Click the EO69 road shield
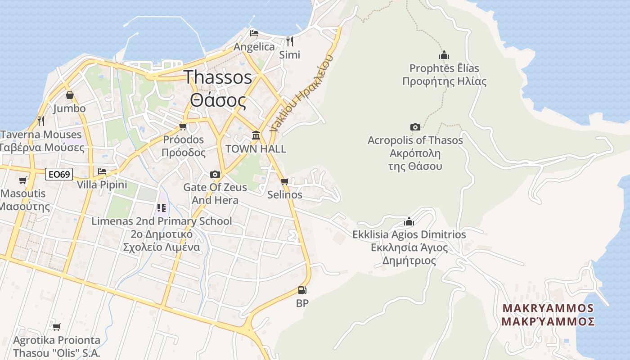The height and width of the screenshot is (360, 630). pyautogui.click(x=59, y=174)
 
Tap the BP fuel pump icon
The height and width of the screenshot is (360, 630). pyautogui.click(x=302, y=290)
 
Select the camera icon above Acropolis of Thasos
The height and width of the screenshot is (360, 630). pyautogui.click(x=415, y=127)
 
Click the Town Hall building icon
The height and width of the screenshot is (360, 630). pyautogui.click(x=256, y=135)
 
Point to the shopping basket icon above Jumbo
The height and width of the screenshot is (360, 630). pyautogui.click(x=69, y=95)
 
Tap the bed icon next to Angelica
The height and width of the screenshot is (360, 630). pyautogui.click(x=254, y=33)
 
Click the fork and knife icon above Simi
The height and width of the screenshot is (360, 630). pyautogui.click(x=290, y=41)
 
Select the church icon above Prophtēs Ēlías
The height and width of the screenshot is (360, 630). pyautogui.click(x=444, y=55)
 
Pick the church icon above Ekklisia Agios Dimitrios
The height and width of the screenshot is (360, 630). pyautogui.click(x=409, y=221)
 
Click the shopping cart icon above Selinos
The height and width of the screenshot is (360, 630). pyautogui.click(x=284, y=182)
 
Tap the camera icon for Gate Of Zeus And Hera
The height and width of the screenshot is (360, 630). pyautogui.click(x=215, y=174)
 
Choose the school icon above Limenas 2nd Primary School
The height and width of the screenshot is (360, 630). pyautogui.click(x=162, y=208)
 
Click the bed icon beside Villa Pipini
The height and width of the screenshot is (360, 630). pyautogui.click(x=102, y=171)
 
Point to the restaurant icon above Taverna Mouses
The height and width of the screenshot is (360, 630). pyautogui.click(x=41, y=121)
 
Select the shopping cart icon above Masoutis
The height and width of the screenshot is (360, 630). pyautogui.click(x=22, y=180)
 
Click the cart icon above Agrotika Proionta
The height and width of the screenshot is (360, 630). pyautogui.click(x=56, y=327)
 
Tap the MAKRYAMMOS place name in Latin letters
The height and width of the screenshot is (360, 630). pyautogui.click(x=548, y=308)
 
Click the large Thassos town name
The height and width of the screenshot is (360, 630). pyautogui.click(x=218, y=77)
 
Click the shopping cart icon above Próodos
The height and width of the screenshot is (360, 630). pyautogui.click(x=183, y=126)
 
